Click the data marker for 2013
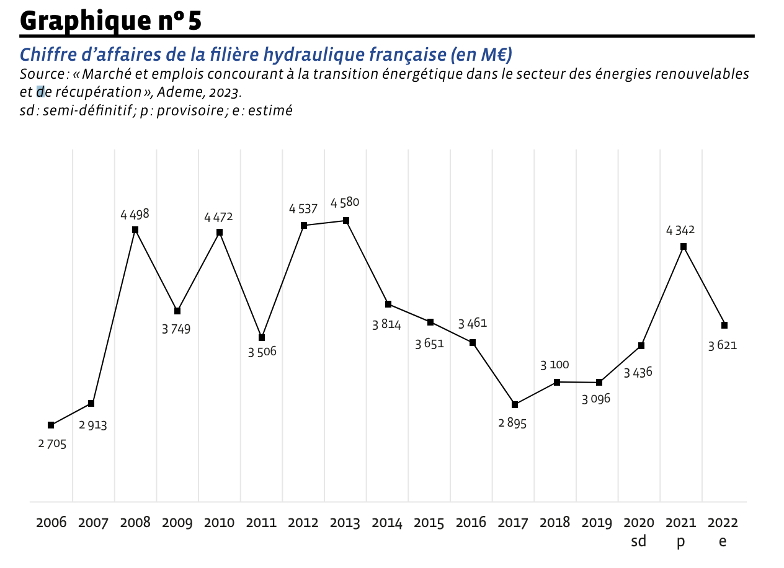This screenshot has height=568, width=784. [x=346, y=221]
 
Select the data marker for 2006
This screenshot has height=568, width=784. [x=51, y=425]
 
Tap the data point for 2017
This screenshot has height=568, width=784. [x=515, y=405]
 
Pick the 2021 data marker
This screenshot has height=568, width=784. [x=684, y=247]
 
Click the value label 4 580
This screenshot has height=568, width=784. [x=345, y=203]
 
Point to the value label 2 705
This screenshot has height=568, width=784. [x=52, y=444]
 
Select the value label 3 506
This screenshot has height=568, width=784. [x=262, y=352]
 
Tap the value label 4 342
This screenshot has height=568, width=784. [x=680, y=230]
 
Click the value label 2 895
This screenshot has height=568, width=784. [x=512, y=424]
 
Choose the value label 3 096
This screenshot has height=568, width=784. [x=596, y=399]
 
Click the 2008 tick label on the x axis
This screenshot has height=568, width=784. [x=135, y=523]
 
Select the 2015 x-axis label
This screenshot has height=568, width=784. [x=429, y=523]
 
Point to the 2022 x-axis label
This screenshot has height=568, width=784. [x=723, y=523]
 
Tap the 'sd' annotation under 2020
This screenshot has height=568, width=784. [x=638, y=541]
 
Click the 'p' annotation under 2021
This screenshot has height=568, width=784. [x=680, y=543]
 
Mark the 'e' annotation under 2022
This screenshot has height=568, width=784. [x=723, y=542]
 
